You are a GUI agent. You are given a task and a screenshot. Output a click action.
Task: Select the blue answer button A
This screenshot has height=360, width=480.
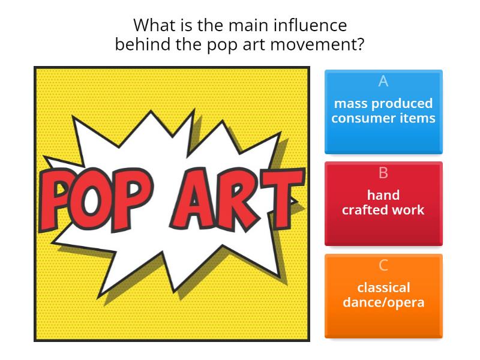click(x=383, y=112)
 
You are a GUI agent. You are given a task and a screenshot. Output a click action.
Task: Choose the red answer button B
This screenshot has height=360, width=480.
click(x=383, y=204)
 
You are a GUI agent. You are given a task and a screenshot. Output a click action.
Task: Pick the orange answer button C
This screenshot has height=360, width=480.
click(x=383, y=296)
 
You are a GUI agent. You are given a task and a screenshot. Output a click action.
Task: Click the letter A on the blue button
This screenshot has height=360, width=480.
click(x=383, y=81)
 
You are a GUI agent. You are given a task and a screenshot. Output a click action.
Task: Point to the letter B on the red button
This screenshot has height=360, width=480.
click(x=383, y=173)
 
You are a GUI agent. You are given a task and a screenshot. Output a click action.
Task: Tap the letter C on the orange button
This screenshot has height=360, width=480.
click(x=383, y=265)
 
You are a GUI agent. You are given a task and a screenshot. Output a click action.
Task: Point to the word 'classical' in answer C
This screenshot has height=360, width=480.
click(x=383, y=287)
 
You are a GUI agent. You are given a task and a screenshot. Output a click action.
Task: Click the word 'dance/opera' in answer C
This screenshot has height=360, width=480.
click(x=383, y=302)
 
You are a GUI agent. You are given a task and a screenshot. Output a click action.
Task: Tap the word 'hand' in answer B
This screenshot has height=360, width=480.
click(x=383, y=195)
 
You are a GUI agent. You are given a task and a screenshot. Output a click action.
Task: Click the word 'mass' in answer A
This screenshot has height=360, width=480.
click(x=350, y=103)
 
